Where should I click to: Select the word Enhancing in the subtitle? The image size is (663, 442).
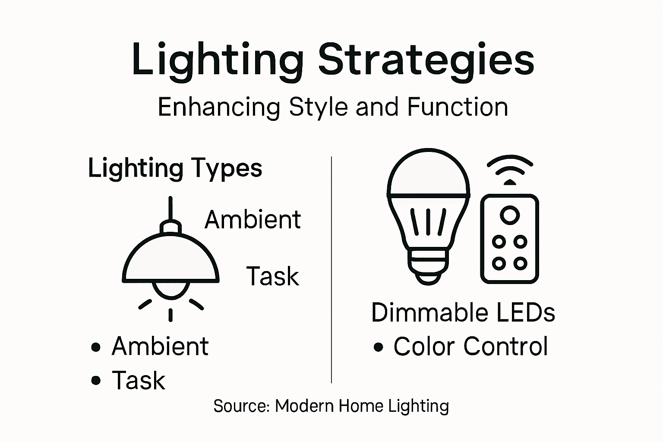[x=219, y=107]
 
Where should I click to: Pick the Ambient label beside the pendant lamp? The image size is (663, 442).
[x=253, y=220]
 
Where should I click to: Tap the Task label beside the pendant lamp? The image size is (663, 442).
[x=272, y=276]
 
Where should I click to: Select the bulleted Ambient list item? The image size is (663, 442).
[x=160, y=346]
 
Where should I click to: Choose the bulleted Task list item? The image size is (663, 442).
[x=138, y=380]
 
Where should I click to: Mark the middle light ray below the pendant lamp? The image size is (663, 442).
[x=170, y=314]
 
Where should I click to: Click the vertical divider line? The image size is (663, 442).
[x=331, y=270]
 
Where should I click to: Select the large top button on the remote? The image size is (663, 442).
[x=510, y=215]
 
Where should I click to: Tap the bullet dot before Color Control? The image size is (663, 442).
[x=379, y=347]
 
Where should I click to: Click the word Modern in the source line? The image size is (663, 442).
[x=304, y=406]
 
